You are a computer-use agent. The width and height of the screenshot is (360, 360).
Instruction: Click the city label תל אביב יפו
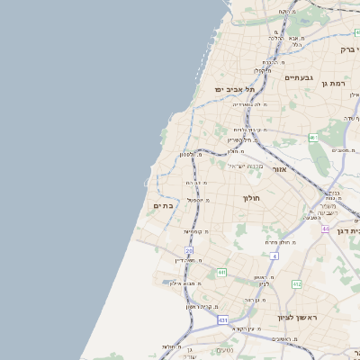coord(235,90)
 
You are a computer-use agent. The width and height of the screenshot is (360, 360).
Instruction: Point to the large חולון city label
coord(250,197)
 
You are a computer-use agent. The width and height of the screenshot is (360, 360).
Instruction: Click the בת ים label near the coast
coord(163,206)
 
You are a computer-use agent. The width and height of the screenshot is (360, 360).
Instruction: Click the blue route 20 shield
coord(189,250)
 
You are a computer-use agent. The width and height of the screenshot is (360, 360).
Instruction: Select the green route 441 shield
coord(221,272)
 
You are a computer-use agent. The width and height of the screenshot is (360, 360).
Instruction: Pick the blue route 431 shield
coord(222,319)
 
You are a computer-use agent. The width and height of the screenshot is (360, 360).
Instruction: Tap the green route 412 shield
coord(296,283)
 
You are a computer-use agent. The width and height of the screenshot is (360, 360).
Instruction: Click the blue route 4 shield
coord(274,256)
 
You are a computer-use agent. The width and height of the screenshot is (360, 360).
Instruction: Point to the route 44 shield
coord(325,229)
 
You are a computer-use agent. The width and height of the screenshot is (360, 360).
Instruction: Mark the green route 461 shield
coord(313,138)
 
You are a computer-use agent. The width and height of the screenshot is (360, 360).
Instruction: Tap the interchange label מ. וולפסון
coord(186,154)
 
